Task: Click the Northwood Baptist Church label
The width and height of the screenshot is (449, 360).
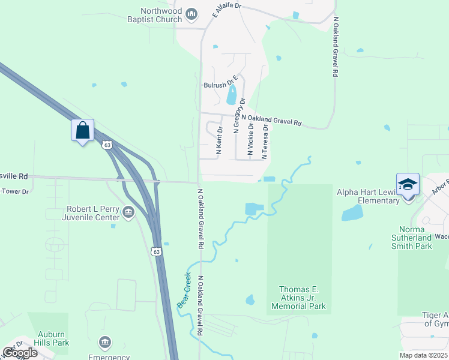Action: click(x=161, y=15)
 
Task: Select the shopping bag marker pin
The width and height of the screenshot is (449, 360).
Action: click(x=82, y=129)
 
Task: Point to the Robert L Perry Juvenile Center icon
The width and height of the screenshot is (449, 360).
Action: click(x=128, y=212)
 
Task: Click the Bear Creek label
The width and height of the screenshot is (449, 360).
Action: click(x=184, y=290)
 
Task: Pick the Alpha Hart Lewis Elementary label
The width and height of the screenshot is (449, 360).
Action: click(x=368, y=196)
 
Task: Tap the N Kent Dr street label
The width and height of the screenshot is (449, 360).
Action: click(x=219, y=142)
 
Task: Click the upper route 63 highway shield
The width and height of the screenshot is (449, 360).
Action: click(x=107, y=145)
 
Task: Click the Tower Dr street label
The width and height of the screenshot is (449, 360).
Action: click(x=15, y=191)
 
